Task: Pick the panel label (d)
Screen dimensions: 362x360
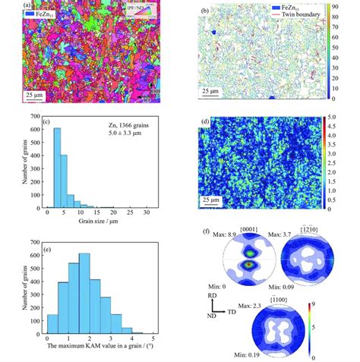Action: coord(205,121)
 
